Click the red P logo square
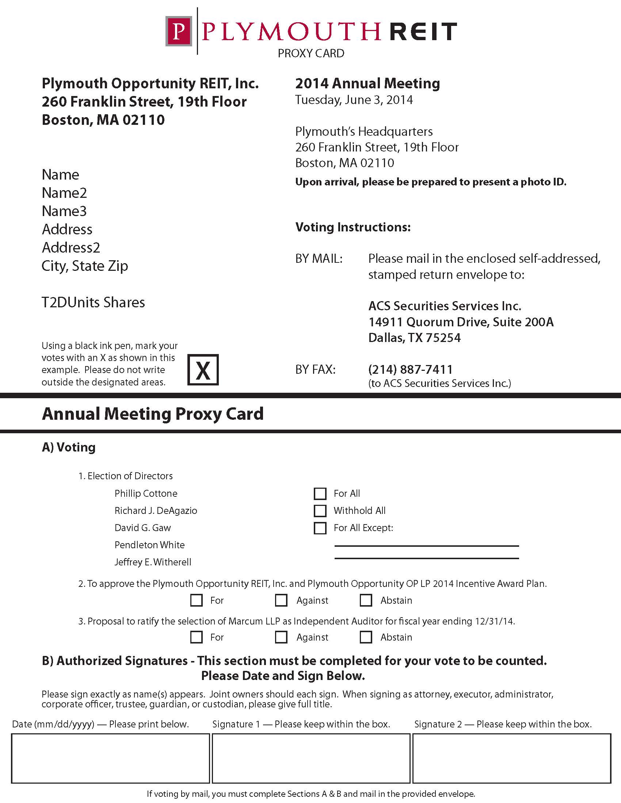179,31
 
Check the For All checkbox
320,493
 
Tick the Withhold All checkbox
320,511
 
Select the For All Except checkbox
320,528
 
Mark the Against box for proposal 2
281,600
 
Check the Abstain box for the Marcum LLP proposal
366,637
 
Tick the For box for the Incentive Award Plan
197,600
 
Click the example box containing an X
203,370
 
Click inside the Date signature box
110,758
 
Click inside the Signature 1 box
311,758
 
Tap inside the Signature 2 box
511,758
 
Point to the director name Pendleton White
149,545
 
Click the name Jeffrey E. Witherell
153,562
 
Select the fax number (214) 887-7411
411,369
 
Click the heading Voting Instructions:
353,227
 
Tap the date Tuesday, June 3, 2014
354,100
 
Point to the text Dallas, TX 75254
415,338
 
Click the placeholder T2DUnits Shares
93,303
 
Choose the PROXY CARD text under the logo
311,54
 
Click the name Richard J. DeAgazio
156,511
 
